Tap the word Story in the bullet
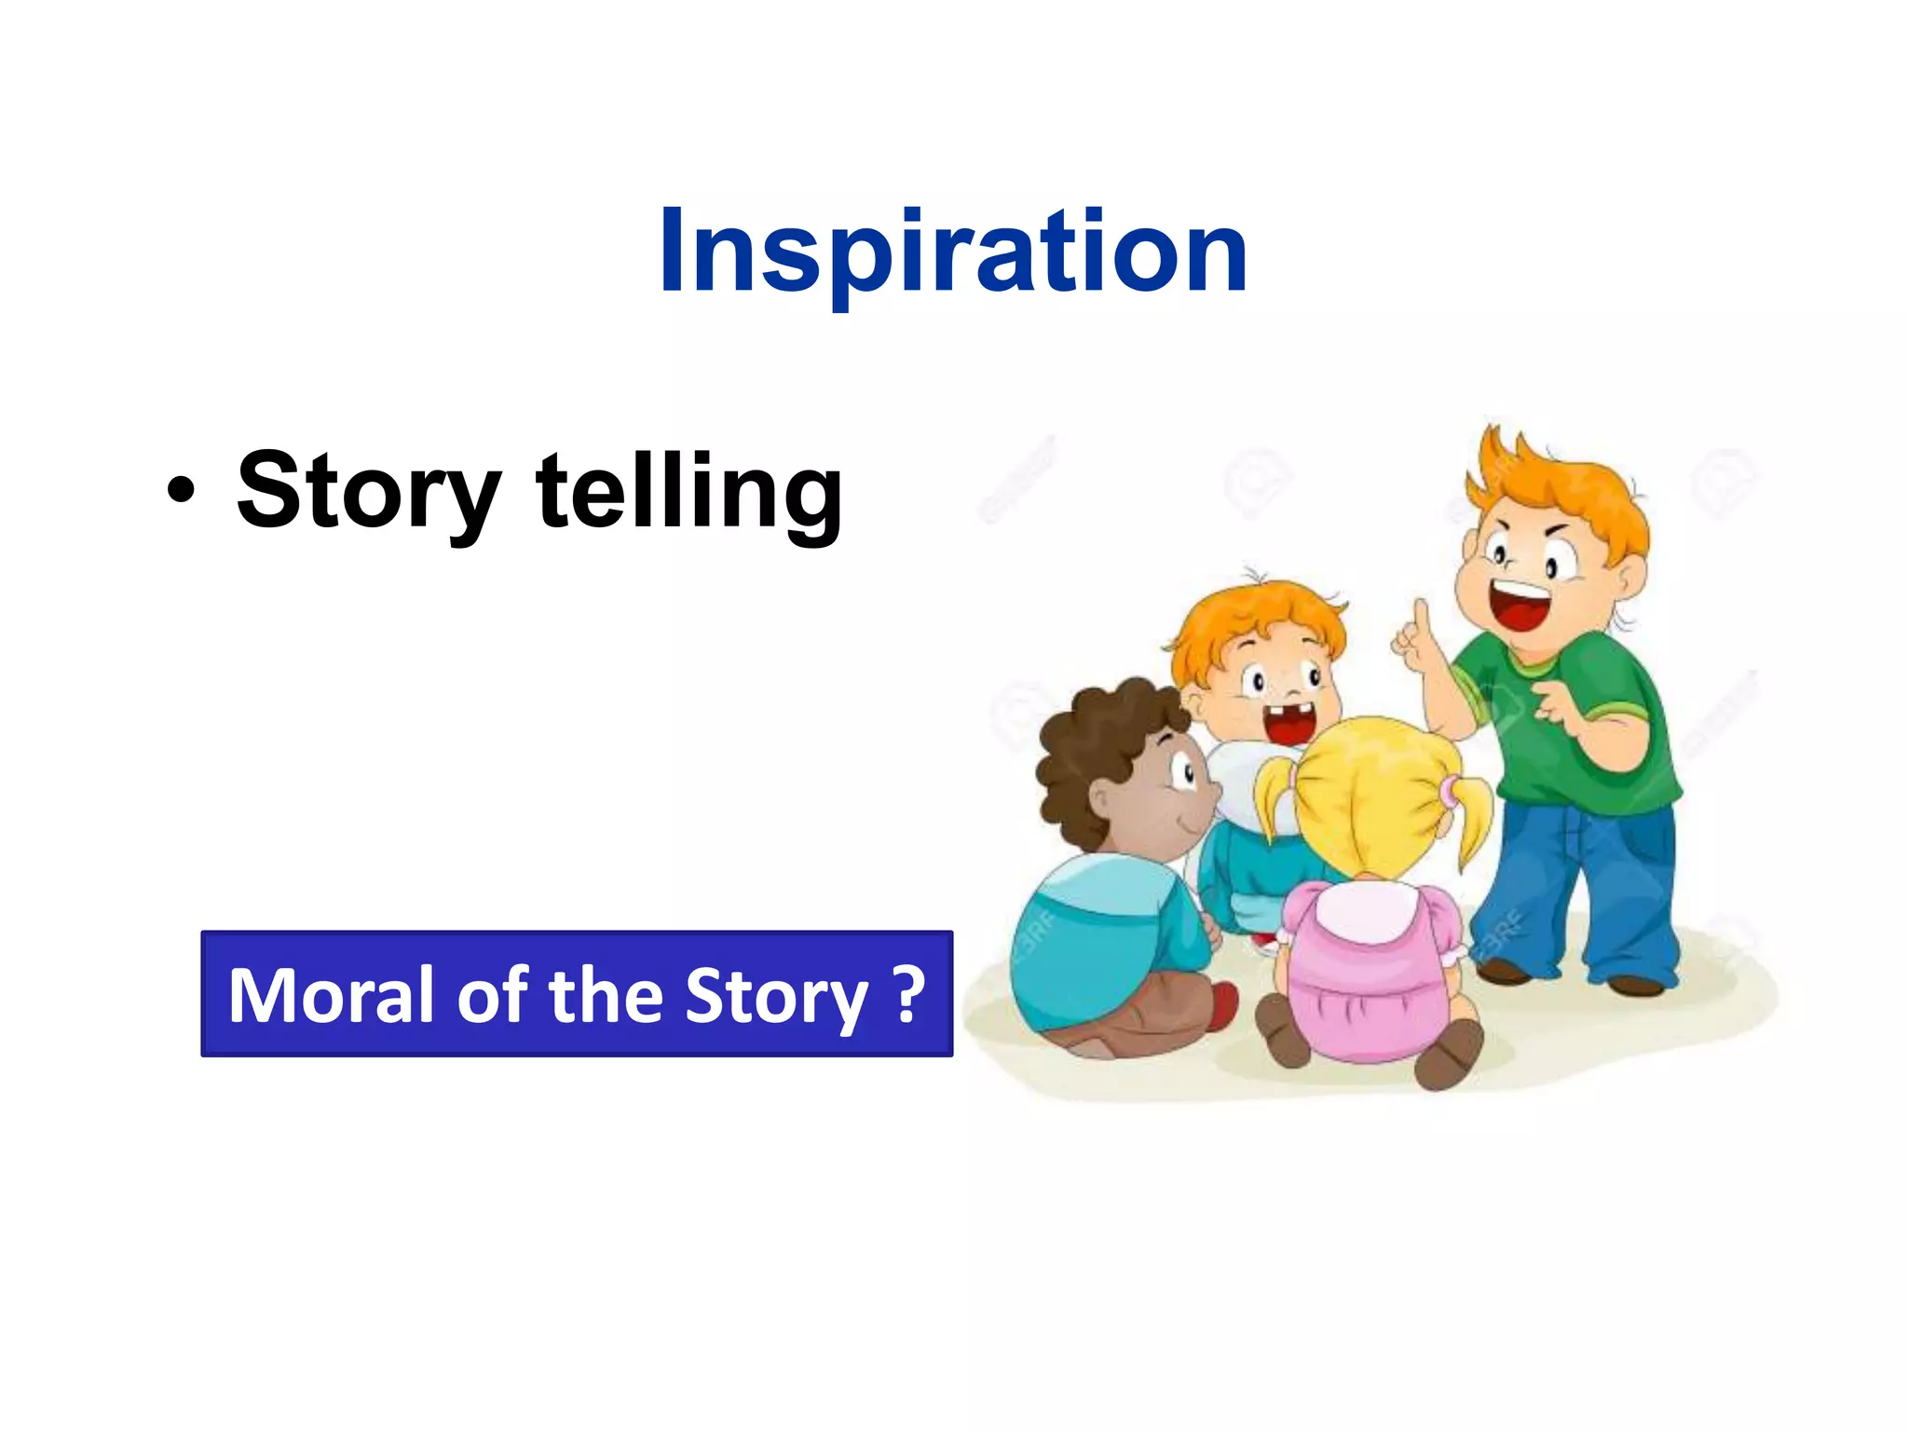coord(368,491)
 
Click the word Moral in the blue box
coord(331,995)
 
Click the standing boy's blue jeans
coord(1574,885)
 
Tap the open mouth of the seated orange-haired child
coord(1290,723)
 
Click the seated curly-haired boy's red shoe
coord(1223,1006)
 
